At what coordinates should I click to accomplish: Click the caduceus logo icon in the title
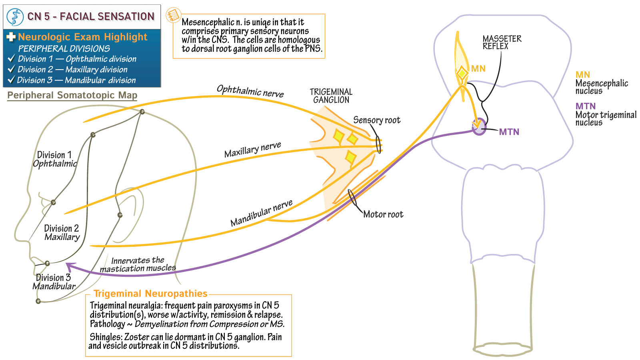[x=15, y=17]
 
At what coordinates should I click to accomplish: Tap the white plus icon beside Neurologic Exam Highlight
[x=11, y=37]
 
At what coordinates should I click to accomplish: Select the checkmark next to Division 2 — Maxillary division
[x=11, y=69]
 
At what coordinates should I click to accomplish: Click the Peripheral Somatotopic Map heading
[x=72, y=95]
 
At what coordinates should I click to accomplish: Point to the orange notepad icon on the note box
[x=173, y=15]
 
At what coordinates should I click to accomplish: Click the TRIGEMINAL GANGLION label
[x=331, y=96]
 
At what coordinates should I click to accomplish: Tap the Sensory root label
[x=376, y=120]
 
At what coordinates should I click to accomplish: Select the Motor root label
[x=383, y=214]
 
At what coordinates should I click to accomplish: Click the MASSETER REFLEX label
[x=502, y=42]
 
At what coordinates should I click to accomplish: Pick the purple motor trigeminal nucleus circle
[x=478, y=127]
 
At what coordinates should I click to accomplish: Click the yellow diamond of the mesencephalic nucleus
[x=462, y=73]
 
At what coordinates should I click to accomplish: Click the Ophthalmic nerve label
[x=250, y=91]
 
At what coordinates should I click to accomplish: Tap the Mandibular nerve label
[x=261, y=213]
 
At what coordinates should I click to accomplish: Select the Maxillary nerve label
[x=252, y=150]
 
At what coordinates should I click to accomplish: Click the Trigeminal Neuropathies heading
[x=150, y=294]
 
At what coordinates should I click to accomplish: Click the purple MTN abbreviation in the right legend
[x=585, y=106]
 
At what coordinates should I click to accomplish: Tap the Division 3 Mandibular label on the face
[x=54, y=282]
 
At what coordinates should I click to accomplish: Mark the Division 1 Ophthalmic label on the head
[x=54, y=159]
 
